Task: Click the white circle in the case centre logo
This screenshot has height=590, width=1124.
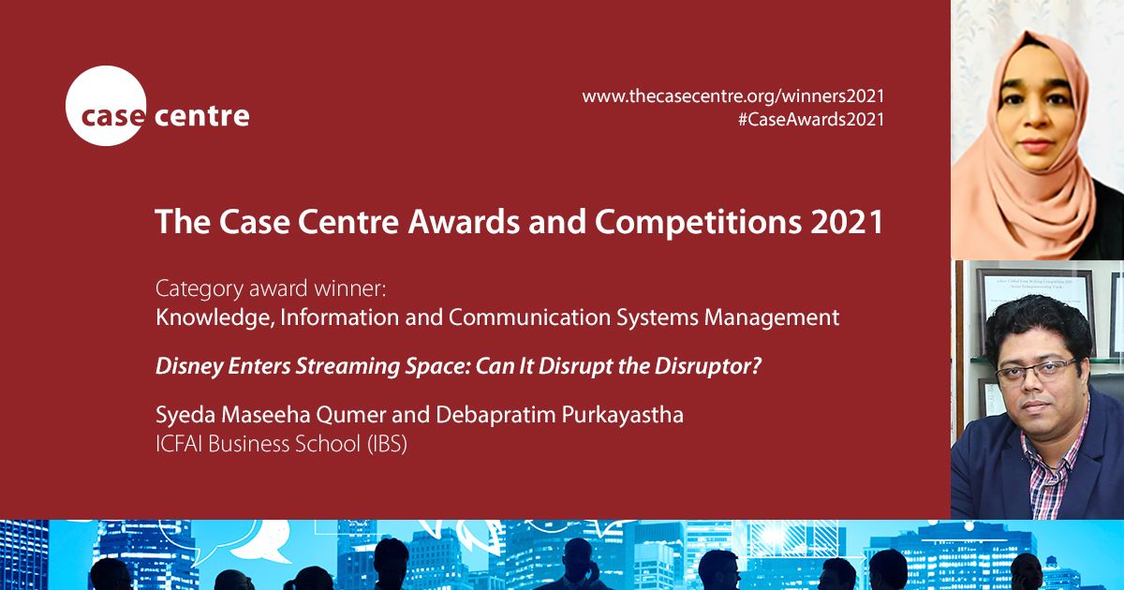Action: (x=106, y=106)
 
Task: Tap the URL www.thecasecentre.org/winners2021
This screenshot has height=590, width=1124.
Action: (x=733, y=96)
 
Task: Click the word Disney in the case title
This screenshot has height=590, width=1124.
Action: (x=185, y=366)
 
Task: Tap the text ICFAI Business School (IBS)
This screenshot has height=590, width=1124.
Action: (x=281, y=444)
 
